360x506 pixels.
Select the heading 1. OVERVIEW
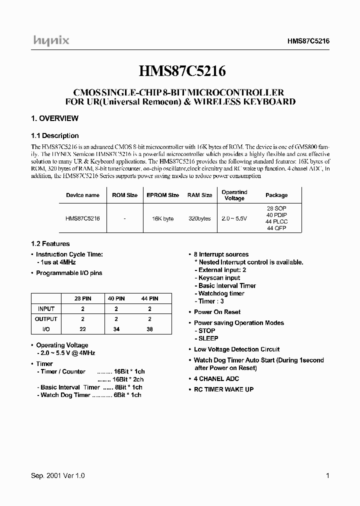click(55, 118)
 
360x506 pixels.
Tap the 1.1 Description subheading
click(55, 135)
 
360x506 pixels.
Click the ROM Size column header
click(124, 195)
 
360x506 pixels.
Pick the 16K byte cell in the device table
click(162, 218)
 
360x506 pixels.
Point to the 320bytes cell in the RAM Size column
click(199, 218)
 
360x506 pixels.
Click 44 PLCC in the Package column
click(277, 221)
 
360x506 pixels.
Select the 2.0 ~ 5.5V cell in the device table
click(234, 218)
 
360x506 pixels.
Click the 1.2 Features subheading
click(50, 244)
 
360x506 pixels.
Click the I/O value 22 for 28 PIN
click(82, 329)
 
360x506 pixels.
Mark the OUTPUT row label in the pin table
click(46, 318)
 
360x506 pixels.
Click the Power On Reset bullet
click(217, 311)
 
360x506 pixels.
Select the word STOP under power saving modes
click(207, 330)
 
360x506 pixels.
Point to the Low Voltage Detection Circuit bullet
click(236, 349)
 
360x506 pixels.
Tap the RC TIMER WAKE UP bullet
click(223, 389)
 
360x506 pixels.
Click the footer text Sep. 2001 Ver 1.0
click(58, 476)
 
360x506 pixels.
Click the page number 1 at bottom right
click(327, 476)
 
